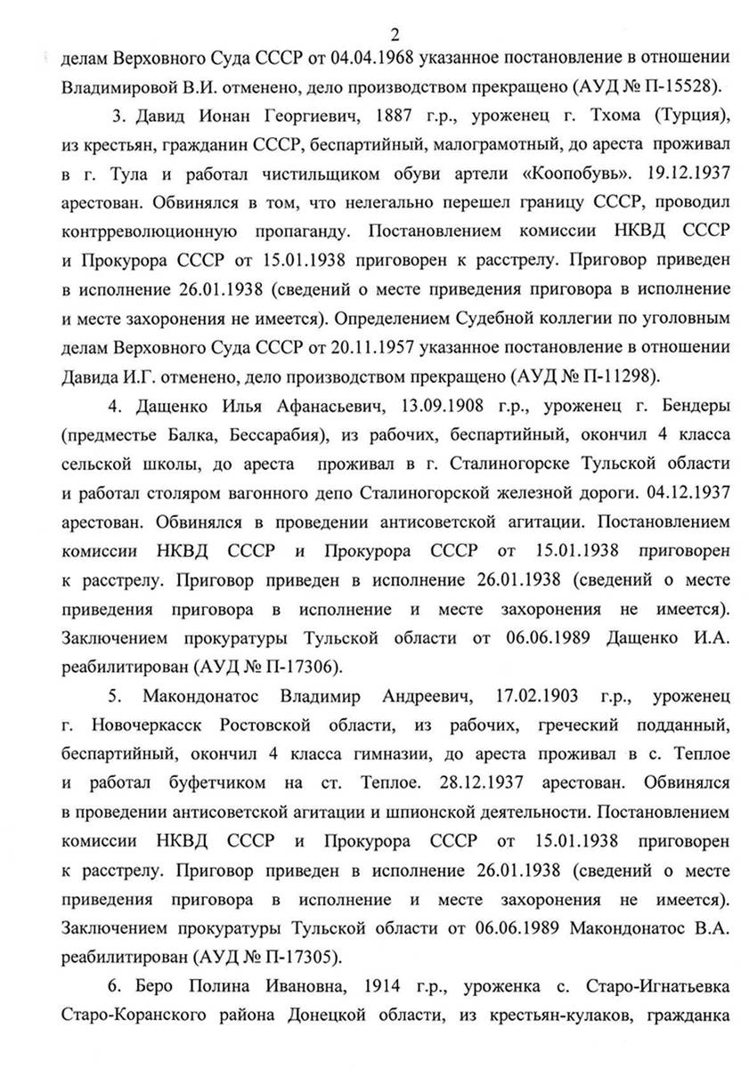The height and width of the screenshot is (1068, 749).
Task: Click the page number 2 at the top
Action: point(395,36)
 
